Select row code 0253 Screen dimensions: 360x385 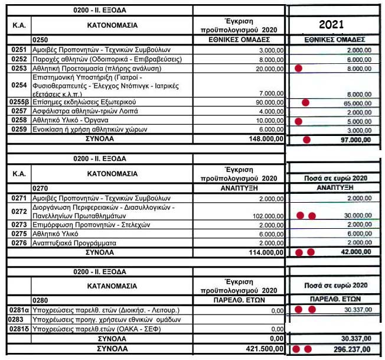point(17,69)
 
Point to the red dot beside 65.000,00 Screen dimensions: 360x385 point(306,102)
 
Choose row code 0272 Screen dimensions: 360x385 point(17,211)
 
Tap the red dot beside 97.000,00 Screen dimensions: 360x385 point(306,140)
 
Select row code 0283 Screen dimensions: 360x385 point(16,320)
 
